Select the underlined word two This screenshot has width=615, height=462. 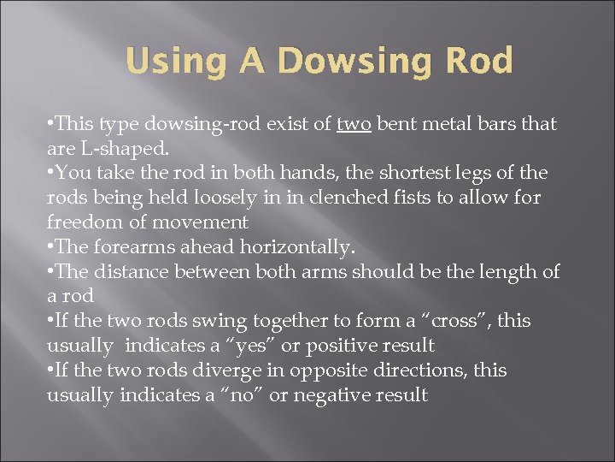point(353,124)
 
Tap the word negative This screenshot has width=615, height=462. point(337,395)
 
